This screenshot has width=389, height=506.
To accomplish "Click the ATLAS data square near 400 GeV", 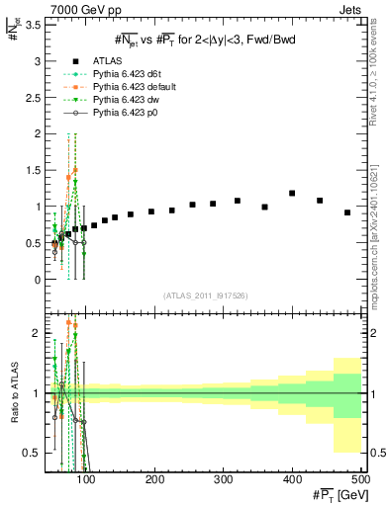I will tap(292, 194).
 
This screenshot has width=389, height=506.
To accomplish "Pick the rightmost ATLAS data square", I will tap(347, 212).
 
